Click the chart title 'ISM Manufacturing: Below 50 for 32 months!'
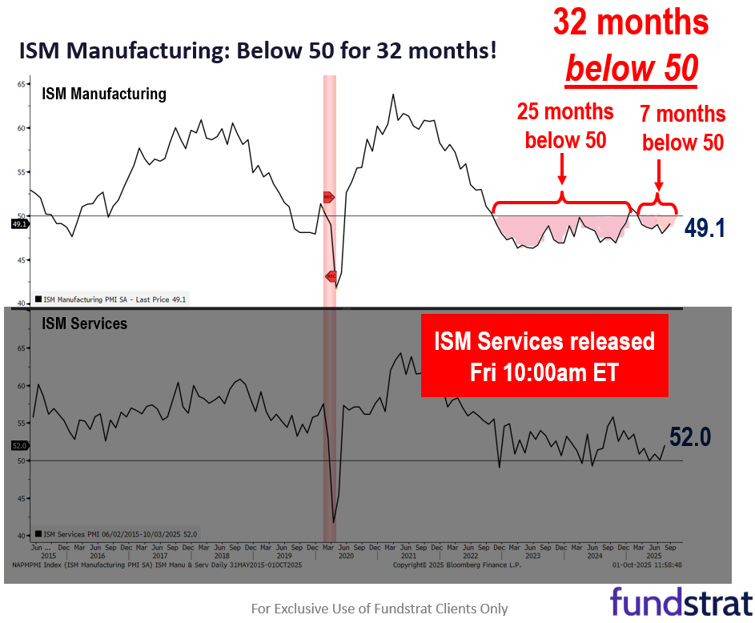click(258, 52)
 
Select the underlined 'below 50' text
click(631, 70)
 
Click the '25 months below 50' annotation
click(565, 126)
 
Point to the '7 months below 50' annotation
click(682, 128)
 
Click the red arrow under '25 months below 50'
click(562, 167)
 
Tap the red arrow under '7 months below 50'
click(659, 172)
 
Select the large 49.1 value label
click(705, 229)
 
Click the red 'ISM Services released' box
click(544, 356)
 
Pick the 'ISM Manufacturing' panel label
click(104, 94)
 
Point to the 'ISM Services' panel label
click(85, 324)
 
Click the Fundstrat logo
click(681, 601)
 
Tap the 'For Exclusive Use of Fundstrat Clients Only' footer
click(380, 609)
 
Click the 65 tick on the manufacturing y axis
click(22, 83)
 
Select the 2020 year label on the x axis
click(346, 555)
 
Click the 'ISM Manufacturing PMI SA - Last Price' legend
click(110, 299)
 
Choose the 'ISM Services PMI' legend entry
click(116, 533)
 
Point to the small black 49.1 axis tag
click(20, 224)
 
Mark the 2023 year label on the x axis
click(532, 555)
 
